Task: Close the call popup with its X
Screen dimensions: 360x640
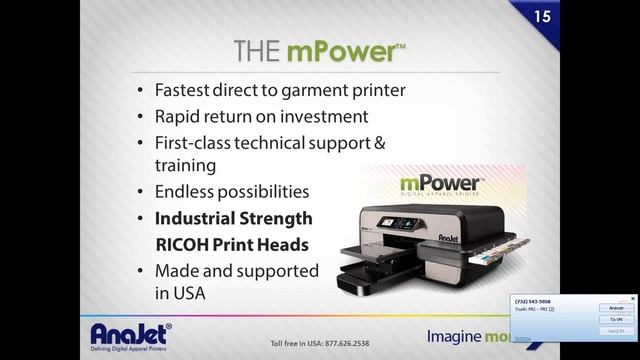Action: [632, 298]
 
